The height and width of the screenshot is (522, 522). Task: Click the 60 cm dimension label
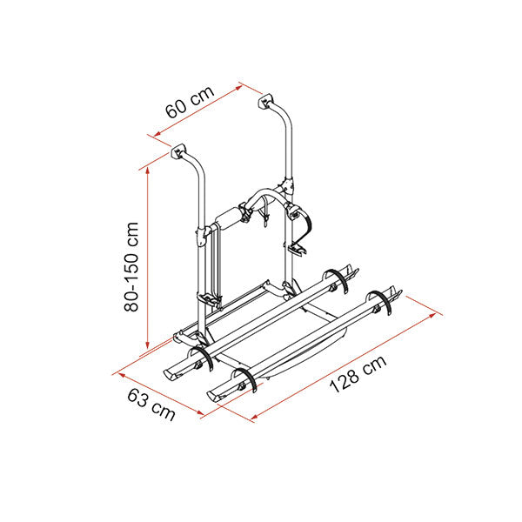(x=190, y=102)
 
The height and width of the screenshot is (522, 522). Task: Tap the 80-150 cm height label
(x=131, y=267)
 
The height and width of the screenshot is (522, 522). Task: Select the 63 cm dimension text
(x=151, y=405)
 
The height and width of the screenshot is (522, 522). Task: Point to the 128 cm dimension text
(x=358, y=374)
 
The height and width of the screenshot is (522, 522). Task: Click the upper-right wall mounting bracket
(x=265, y=101)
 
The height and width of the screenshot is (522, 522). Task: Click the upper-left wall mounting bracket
(x=177, y=151)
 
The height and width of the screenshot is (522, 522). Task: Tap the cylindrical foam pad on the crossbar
(x=228, y=219)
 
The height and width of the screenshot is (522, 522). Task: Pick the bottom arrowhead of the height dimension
(x=148, y=345)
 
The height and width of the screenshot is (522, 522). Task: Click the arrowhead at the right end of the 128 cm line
(x=432, y=315)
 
